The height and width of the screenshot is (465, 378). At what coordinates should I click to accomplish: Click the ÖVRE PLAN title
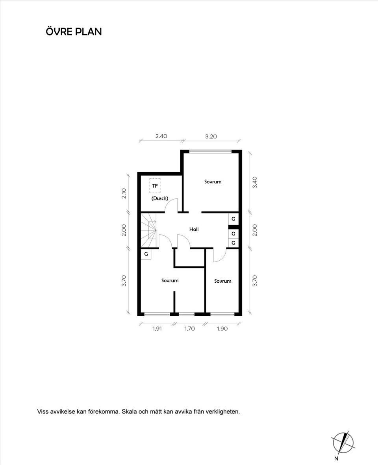tap(74, 31)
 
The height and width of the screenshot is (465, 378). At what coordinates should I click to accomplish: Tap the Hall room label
tap(194, 229)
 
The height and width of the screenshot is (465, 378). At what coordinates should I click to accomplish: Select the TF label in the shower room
tap(155, 186)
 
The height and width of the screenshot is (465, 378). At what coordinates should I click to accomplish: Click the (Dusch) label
tap(160, 198)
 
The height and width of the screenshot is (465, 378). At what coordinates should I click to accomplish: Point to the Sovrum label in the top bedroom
tap(213, 182)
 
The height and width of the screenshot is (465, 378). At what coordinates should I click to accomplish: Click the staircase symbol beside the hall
tap(148, 230)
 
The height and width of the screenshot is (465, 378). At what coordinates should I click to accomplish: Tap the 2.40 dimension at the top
tap(161, 136)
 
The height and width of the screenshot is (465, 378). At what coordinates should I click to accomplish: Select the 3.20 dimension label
tap(211, 136)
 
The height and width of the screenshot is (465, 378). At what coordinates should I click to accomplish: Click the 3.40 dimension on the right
tap(255, 182)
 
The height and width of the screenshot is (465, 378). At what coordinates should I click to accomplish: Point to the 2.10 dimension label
tap(124, 194)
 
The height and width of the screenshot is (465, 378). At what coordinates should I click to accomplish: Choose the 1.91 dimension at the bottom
tap(157, 329)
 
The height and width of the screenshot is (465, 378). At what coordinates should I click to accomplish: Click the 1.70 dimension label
tap(190, 329)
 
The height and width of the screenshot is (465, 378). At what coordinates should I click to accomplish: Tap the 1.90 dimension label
tap(222, 329)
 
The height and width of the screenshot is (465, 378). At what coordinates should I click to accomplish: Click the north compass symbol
tap(343, 443)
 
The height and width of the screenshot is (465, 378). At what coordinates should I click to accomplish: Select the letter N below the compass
tap(336, 459)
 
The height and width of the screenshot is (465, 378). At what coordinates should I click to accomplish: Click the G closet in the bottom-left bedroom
tap(146, 254)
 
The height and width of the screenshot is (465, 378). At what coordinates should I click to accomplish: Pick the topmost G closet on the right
tap(233, 219)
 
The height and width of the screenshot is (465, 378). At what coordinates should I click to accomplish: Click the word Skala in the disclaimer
tap(129, 411)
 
